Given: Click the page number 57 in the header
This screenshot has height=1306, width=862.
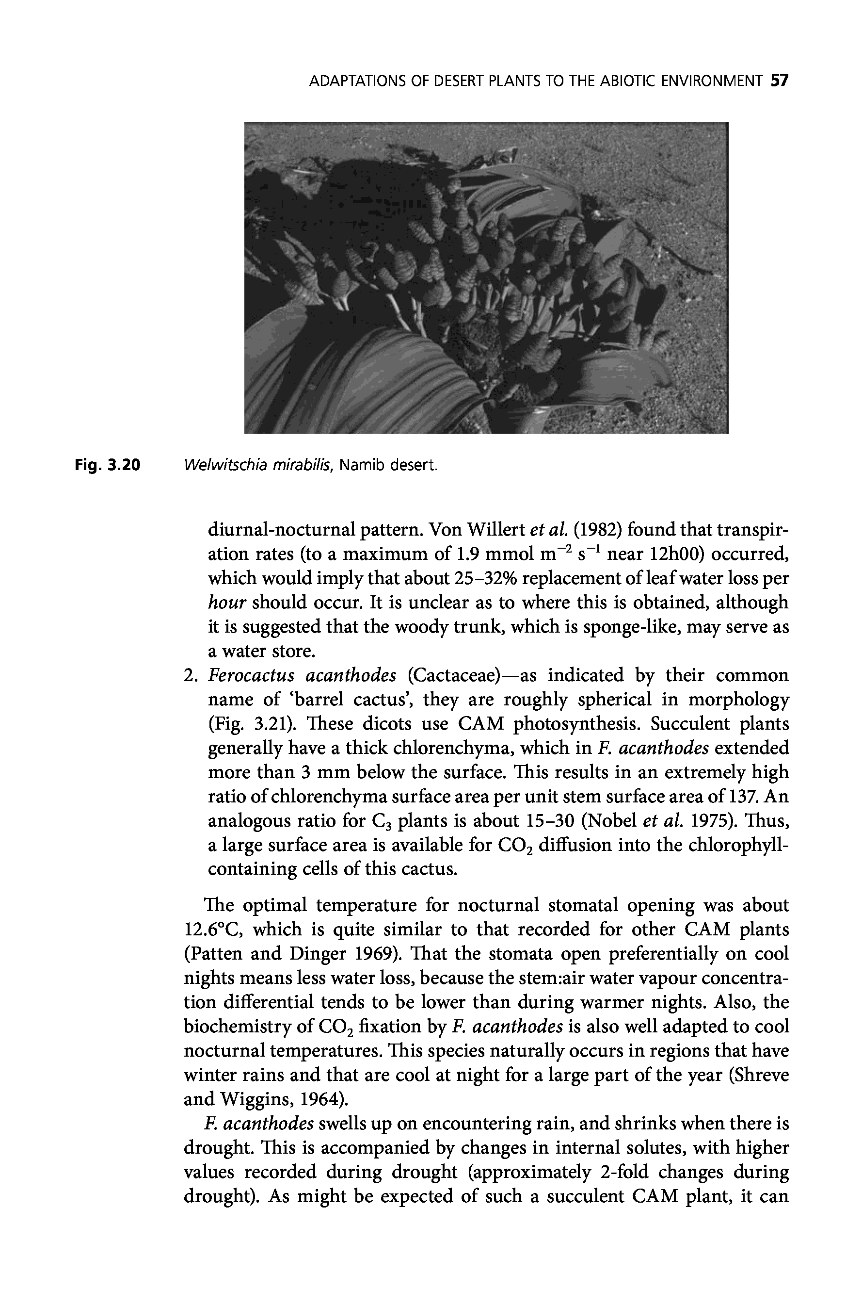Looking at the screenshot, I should pyautogui.click(x=780, y=82).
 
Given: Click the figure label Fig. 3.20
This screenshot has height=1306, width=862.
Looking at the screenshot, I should pyautogui.click(x=108, y=466).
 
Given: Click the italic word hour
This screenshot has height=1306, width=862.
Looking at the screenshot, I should pyautogui.click(x=226, y=603).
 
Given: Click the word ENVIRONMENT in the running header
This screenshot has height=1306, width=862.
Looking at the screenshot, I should pyautogui.click(x=711, y=82).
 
